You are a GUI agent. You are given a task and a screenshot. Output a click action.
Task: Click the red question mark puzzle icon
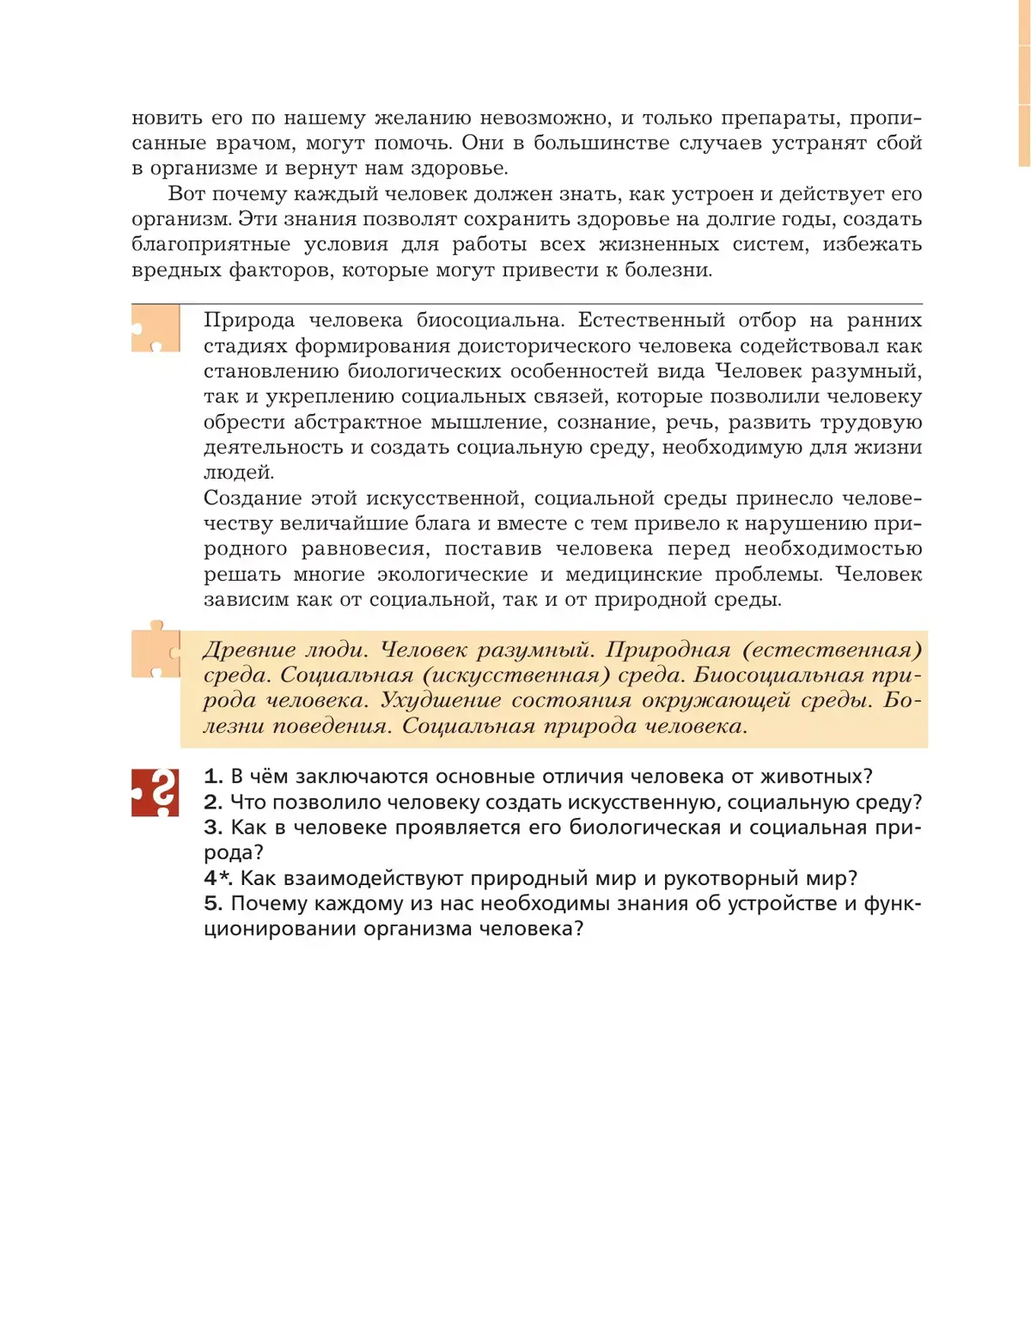coord(156,792)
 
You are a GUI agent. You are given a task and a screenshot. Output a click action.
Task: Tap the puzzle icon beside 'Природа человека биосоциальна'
coord(156,328)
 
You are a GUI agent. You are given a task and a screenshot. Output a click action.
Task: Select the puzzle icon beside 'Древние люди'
coord(156,651)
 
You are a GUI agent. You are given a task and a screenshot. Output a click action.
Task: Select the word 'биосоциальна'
coord(490,321)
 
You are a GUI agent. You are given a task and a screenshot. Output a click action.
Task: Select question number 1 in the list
coord(213,777)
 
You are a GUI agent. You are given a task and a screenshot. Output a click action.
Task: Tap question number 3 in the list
coord(213,827)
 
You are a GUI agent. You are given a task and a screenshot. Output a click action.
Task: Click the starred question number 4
coord(217,878)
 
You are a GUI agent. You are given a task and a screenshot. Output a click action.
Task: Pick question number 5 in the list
coord(213,904)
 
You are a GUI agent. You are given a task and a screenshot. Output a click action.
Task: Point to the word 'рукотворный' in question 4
coord(711,878)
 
